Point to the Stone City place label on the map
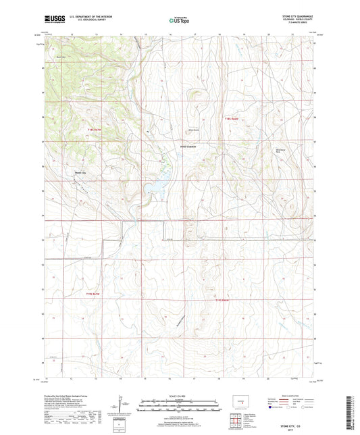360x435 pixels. tap(79, 172)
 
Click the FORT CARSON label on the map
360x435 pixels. tap(187, 147)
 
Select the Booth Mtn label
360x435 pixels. tap(61, 57)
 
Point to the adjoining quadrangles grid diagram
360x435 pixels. tap(237, 421)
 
